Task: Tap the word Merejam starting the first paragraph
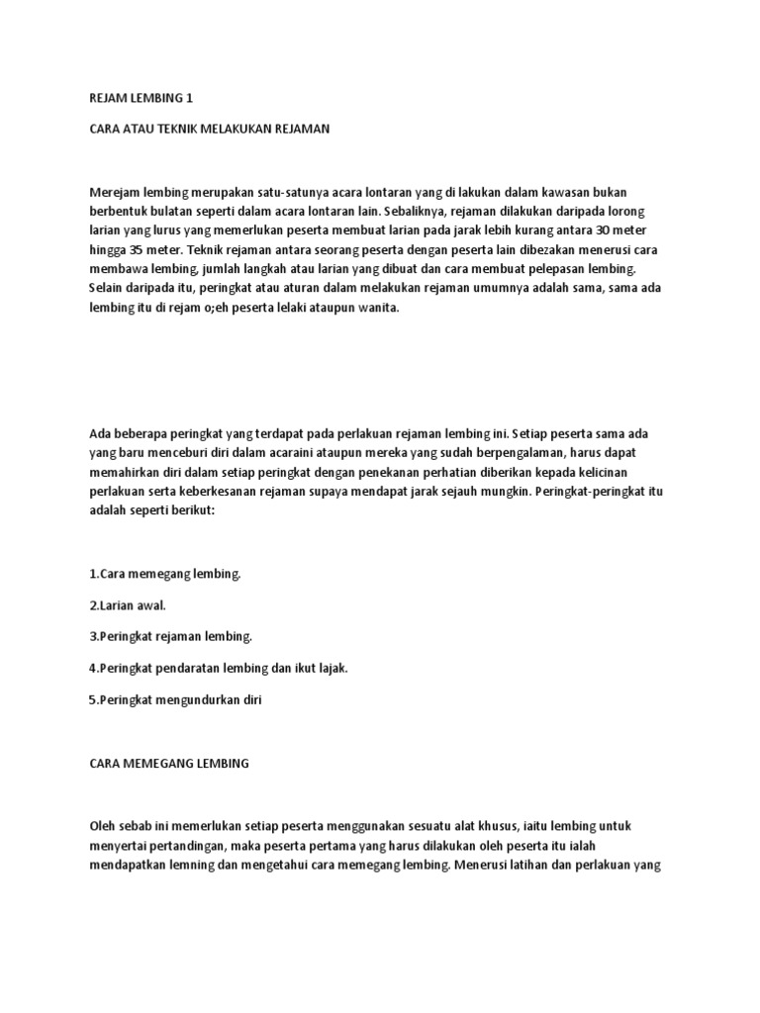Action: click(114, 190)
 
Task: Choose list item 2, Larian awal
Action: click(128, 605)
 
